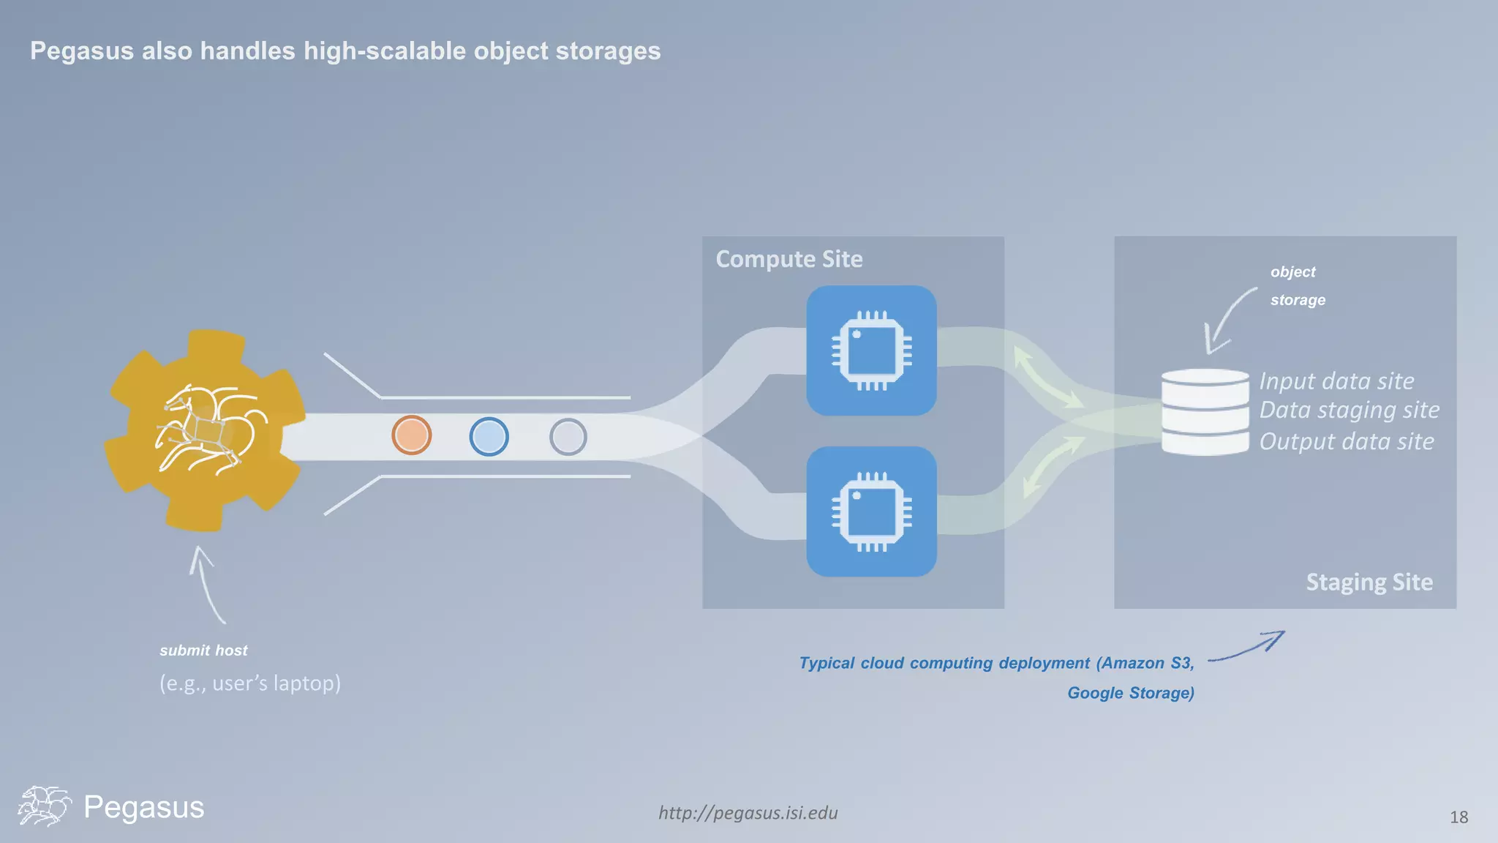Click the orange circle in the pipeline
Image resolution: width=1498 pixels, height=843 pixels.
[411, 435]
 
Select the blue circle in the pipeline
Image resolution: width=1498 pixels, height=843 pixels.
[489, 437]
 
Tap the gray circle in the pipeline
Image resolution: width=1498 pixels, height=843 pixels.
[568, 438]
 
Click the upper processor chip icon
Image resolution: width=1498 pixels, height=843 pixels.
[871, 351]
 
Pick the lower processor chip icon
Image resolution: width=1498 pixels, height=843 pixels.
[871, 512]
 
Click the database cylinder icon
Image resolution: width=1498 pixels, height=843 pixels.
[1205, 412]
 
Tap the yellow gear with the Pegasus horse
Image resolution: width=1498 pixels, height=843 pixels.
[206, 431]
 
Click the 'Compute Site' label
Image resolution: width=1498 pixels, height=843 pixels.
[788, 259]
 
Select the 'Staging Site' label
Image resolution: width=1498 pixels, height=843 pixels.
[1369, 582]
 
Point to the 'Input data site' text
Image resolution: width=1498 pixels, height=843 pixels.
[1336, 381]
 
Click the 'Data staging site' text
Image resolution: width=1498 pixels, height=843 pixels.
[1349, 410]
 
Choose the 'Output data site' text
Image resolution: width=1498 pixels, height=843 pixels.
[1346, 441]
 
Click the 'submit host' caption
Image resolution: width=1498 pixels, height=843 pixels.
[203, 651]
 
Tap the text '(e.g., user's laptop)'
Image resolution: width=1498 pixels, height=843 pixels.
[250, 683]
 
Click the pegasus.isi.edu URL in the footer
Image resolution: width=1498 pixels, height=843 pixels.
[748, 813]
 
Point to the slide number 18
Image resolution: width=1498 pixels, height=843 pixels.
[1459, 817]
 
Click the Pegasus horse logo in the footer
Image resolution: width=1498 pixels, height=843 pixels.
[44, 806]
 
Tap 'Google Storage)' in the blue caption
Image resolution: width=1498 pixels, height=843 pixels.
[1130, 693]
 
